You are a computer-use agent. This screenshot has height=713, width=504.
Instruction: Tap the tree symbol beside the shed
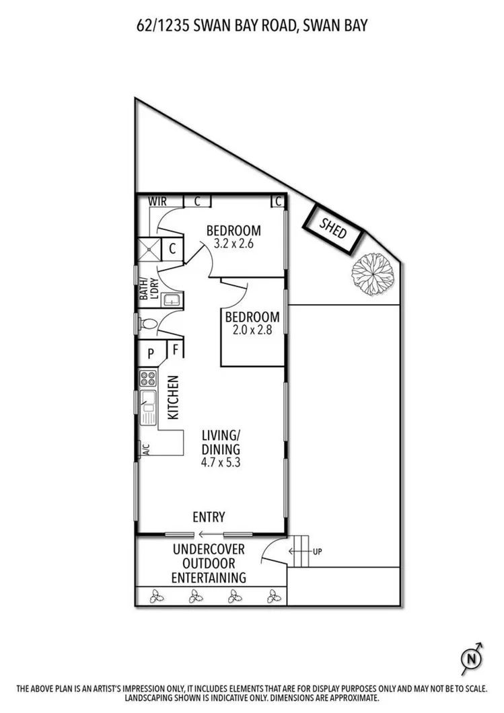pyautogui.click(x=372, y=273)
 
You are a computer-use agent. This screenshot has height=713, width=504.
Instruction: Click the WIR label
pyautogui.click(x=158, y=201)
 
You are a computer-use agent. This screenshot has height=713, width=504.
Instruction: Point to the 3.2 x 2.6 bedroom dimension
pyautogui.click(x=233, y=244)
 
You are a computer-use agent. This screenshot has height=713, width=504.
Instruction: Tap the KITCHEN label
pyautogui.click(x=173, y=397)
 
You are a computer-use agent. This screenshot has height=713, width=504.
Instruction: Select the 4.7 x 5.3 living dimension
pyautogui.click(x=221, y=463)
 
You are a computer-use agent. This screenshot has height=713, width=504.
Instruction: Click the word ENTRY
pyautogui.click(x=209, y=517)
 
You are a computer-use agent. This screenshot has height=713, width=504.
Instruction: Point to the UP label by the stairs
pyautogui.click(x=318, y=552)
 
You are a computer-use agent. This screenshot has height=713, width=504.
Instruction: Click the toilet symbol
pyautogui.click(x=149, y=324)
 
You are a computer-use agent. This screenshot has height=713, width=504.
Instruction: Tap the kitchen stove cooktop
pyautogui.click(x=147, y=378)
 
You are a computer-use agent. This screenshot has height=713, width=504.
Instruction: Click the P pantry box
pyautogui.click(x=151, y=352)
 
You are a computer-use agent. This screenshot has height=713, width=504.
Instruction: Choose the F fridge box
pyautogui.click(x=176, y=349)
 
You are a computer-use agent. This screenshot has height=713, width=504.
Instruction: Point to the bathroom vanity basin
pyautogui.click(x=172, y=300)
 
